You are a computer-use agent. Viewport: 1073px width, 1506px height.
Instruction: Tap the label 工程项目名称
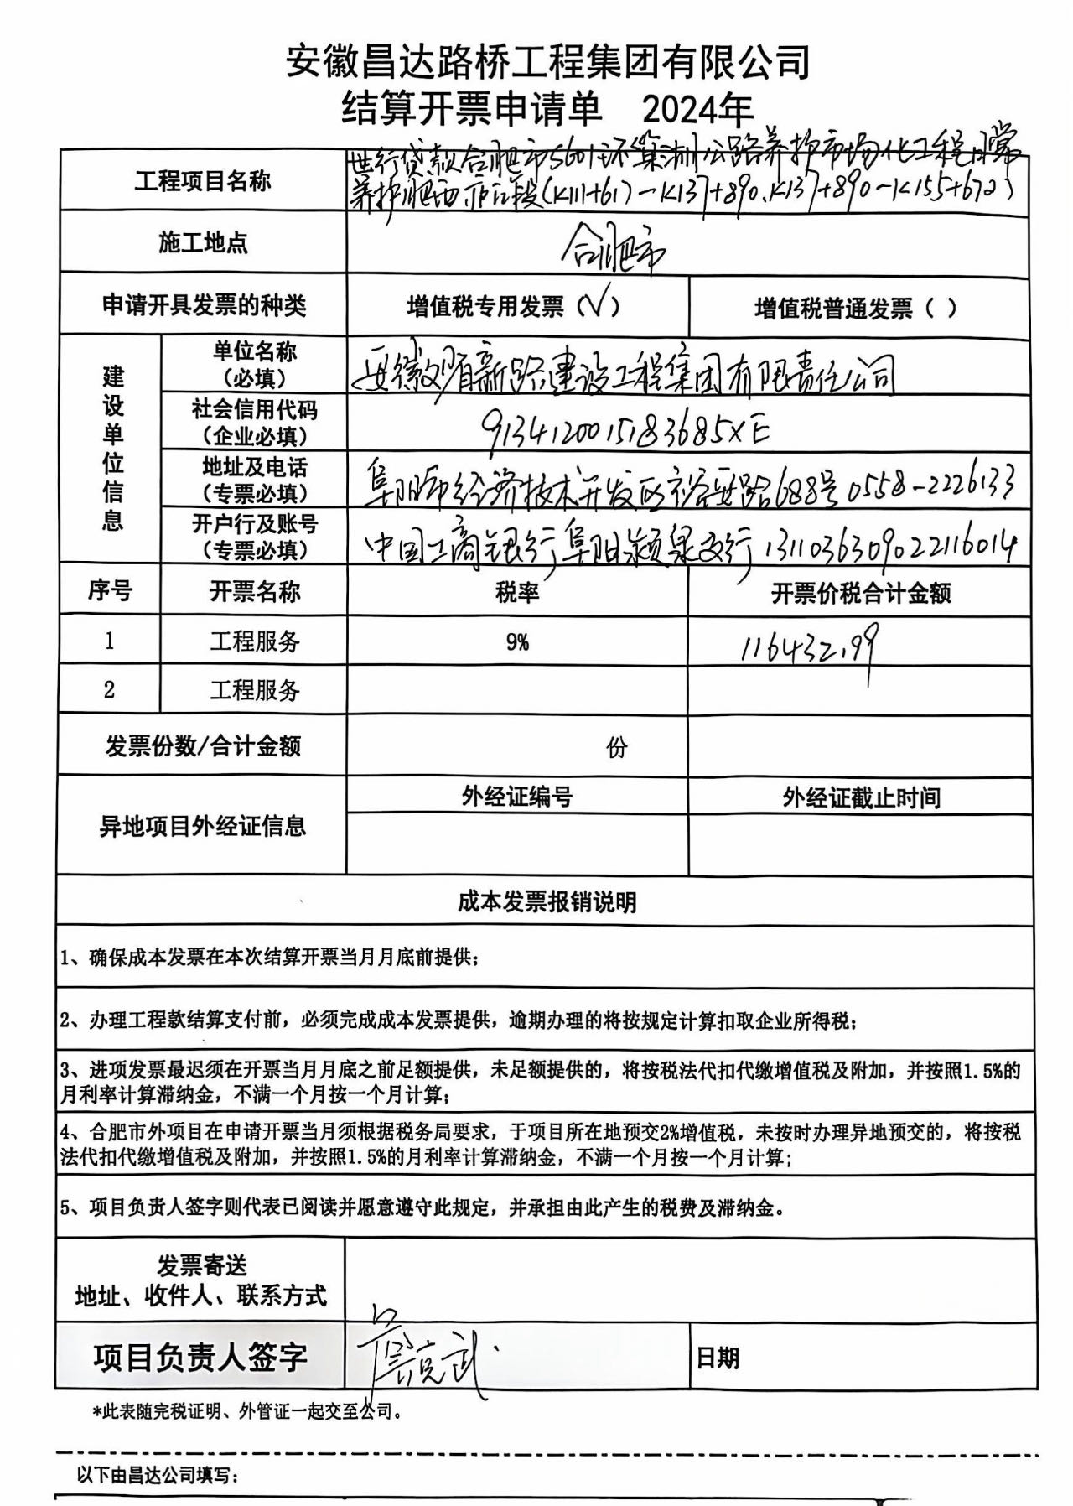click(x=203, y=181)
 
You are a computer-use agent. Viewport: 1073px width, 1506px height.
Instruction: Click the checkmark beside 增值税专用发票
click(x=599, y=306)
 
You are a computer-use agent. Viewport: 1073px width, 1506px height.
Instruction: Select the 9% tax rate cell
click(x=517, y=642)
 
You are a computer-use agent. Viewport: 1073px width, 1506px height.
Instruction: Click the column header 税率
click(x=517, y=593)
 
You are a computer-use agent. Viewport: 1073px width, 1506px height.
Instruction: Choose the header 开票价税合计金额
click(x=860, y=594)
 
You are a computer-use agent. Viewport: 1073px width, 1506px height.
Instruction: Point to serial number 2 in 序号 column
click(x=109, y=690)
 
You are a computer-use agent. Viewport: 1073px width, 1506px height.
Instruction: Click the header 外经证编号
click(x=516, y=797)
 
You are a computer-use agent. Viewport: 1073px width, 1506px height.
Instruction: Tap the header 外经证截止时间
click(x=861, y=797)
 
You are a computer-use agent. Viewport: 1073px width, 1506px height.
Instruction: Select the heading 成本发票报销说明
click(x=547, y=902)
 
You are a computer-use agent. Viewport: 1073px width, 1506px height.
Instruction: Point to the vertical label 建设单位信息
click(x=111, y=449)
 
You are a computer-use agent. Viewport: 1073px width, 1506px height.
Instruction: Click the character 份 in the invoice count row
click(x=617, y=747)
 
